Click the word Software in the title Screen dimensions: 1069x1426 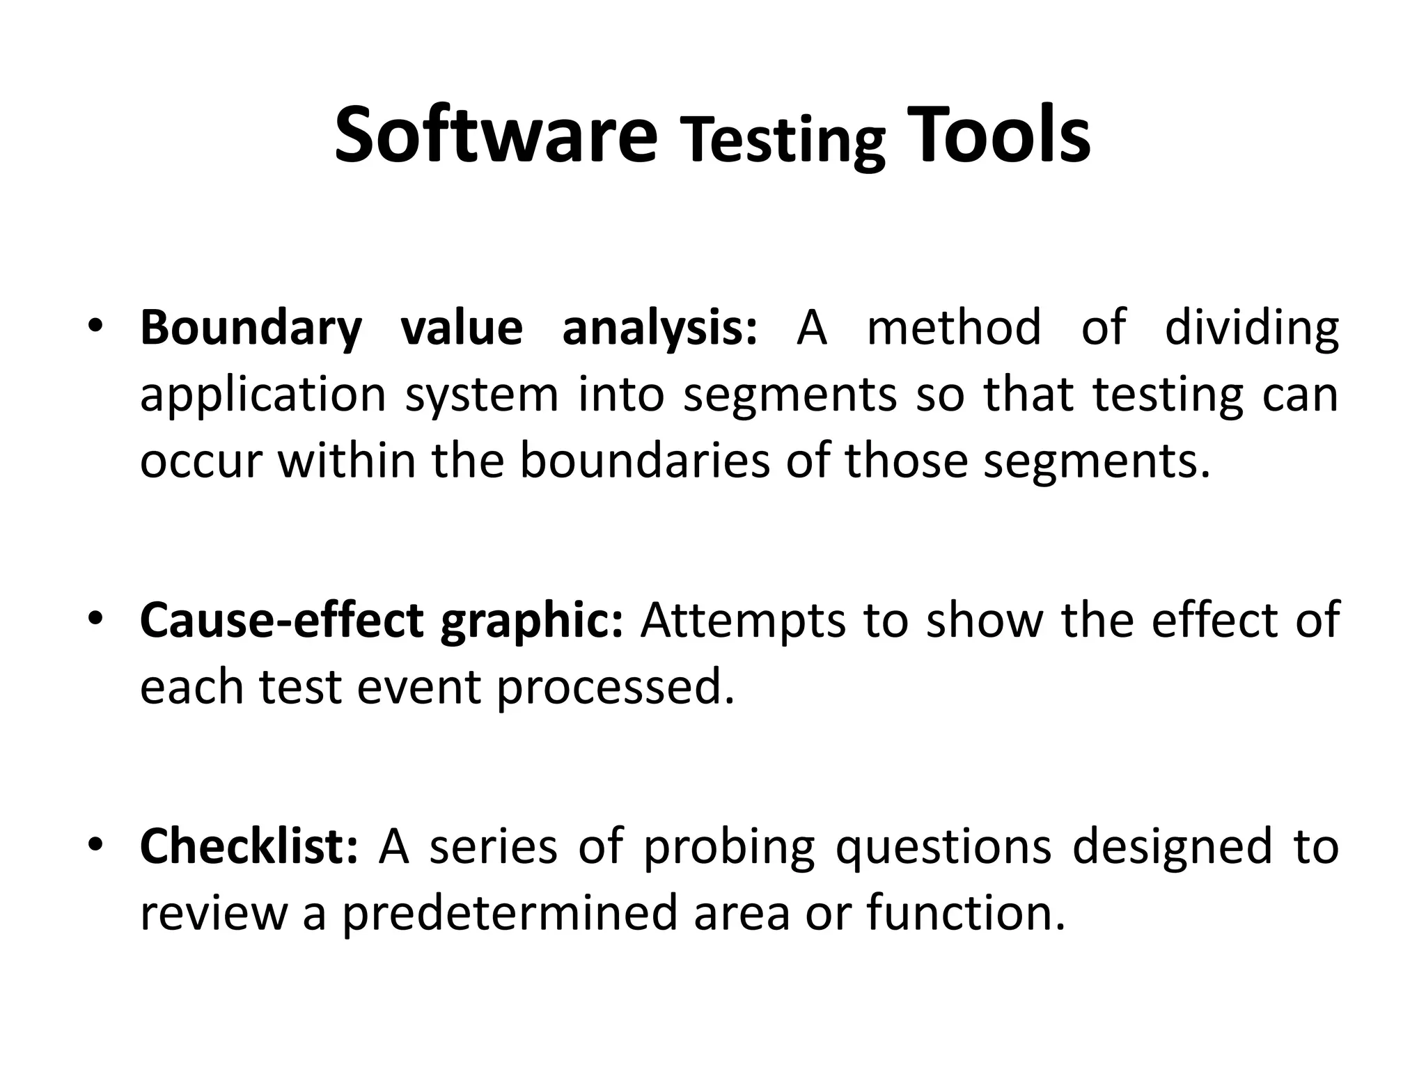coord(495,136)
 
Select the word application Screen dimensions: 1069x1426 coord(263,395)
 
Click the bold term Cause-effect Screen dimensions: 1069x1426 coord(281,621)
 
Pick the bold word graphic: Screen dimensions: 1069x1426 coord(531,621)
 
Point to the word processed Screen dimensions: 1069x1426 coord(616,688)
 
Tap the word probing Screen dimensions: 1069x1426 coord(728,848)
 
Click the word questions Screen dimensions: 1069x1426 coord(943,848)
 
